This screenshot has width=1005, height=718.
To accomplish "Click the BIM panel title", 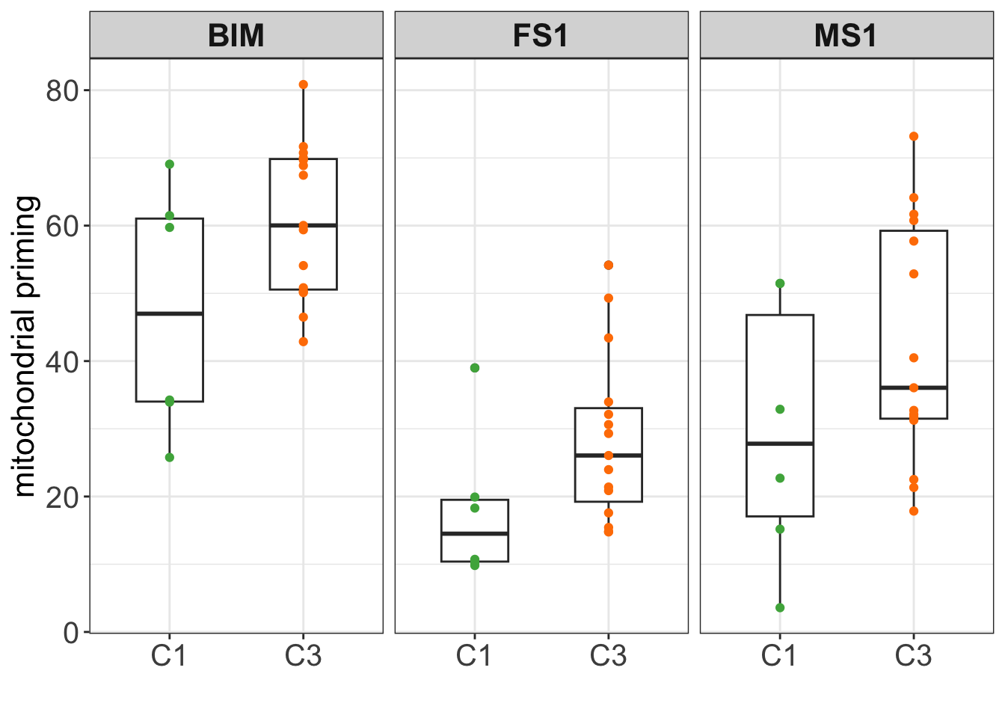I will click(x=236, y=36).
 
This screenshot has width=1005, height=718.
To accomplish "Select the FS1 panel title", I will click(x=541, y=36).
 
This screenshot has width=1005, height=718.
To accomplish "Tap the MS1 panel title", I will click(x=846, y=36).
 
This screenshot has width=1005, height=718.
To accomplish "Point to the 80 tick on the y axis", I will click(x=62, y=90).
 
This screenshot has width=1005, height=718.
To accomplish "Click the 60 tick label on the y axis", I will click(x=62, y=226).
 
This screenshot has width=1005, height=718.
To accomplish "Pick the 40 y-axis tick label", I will click(x=62, y=361).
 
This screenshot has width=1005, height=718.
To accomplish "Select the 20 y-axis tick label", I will click(x=62, y=497).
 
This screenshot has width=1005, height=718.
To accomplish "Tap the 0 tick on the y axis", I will click(x=72, y=632).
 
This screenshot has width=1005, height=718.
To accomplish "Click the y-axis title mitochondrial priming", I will click(x=25, y=346).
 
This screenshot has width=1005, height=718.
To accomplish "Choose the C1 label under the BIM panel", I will click(x=169, y=656).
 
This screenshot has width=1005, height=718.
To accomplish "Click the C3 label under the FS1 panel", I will click(x=608, y=656).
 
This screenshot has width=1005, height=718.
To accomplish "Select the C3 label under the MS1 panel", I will click(x=913, y=656).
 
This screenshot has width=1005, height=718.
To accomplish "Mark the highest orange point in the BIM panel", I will click(x=303, y=85).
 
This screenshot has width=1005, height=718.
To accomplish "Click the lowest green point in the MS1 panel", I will click(x=780, y=607).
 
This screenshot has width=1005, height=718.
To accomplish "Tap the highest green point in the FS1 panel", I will click(x=475, y=368).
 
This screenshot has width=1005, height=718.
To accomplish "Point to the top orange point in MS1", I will click(x=914, y=136).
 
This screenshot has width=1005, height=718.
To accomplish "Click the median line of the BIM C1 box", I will click(x=170, y=313).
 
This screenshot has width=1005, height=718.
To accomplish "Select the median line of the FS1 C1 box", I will click(x=475, y=533).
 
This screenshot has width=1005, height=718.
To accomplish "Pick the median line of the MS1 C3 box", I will click(x=914, y=387).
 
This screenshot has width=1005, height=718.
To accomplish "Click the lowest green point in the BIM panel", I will click(x=170, y=457).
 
